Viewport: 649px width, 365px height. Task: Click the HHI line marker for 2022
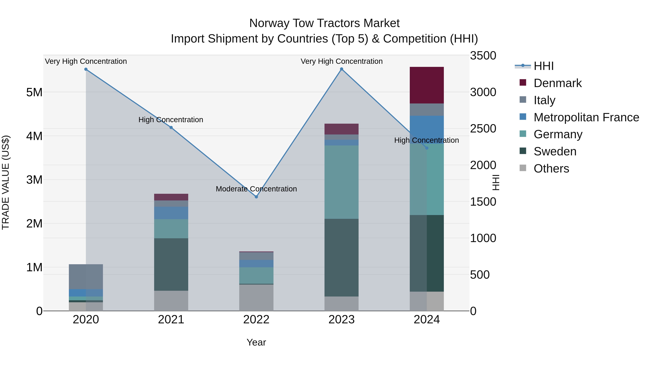click(256, 197)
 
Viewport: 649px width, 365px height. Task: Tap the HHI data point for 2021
click(171, 127)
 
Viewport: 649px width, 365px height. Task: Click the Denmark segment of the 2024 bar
click(427, 85)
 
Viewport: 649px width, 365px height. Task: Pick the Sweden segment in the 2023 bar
click(341, 257)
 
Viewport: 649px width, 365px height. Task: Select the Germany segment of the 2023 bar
click(341, 182)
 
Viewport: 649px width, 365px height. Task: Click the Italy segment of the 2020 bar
click(86, 276)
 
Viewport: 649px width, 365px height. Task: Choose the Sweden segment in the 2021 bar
click(171, 264)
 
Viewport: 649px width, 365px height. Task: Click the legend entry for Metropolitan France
click(586, 117)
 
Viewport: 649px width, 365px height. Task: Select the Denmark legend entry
click(558, 83)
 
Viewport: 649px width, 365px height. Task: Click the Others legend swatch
click(523, 168)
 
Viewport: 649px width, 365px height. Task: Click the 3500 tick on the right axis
click(483, 56)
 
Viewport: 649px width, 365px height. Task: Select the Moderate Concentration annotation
click(256, 189)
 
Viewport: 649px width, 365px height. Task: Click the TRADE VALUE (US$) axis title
click(6, 182)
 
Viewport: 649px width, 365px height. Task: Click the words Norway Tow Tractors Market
click(324, 23)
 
